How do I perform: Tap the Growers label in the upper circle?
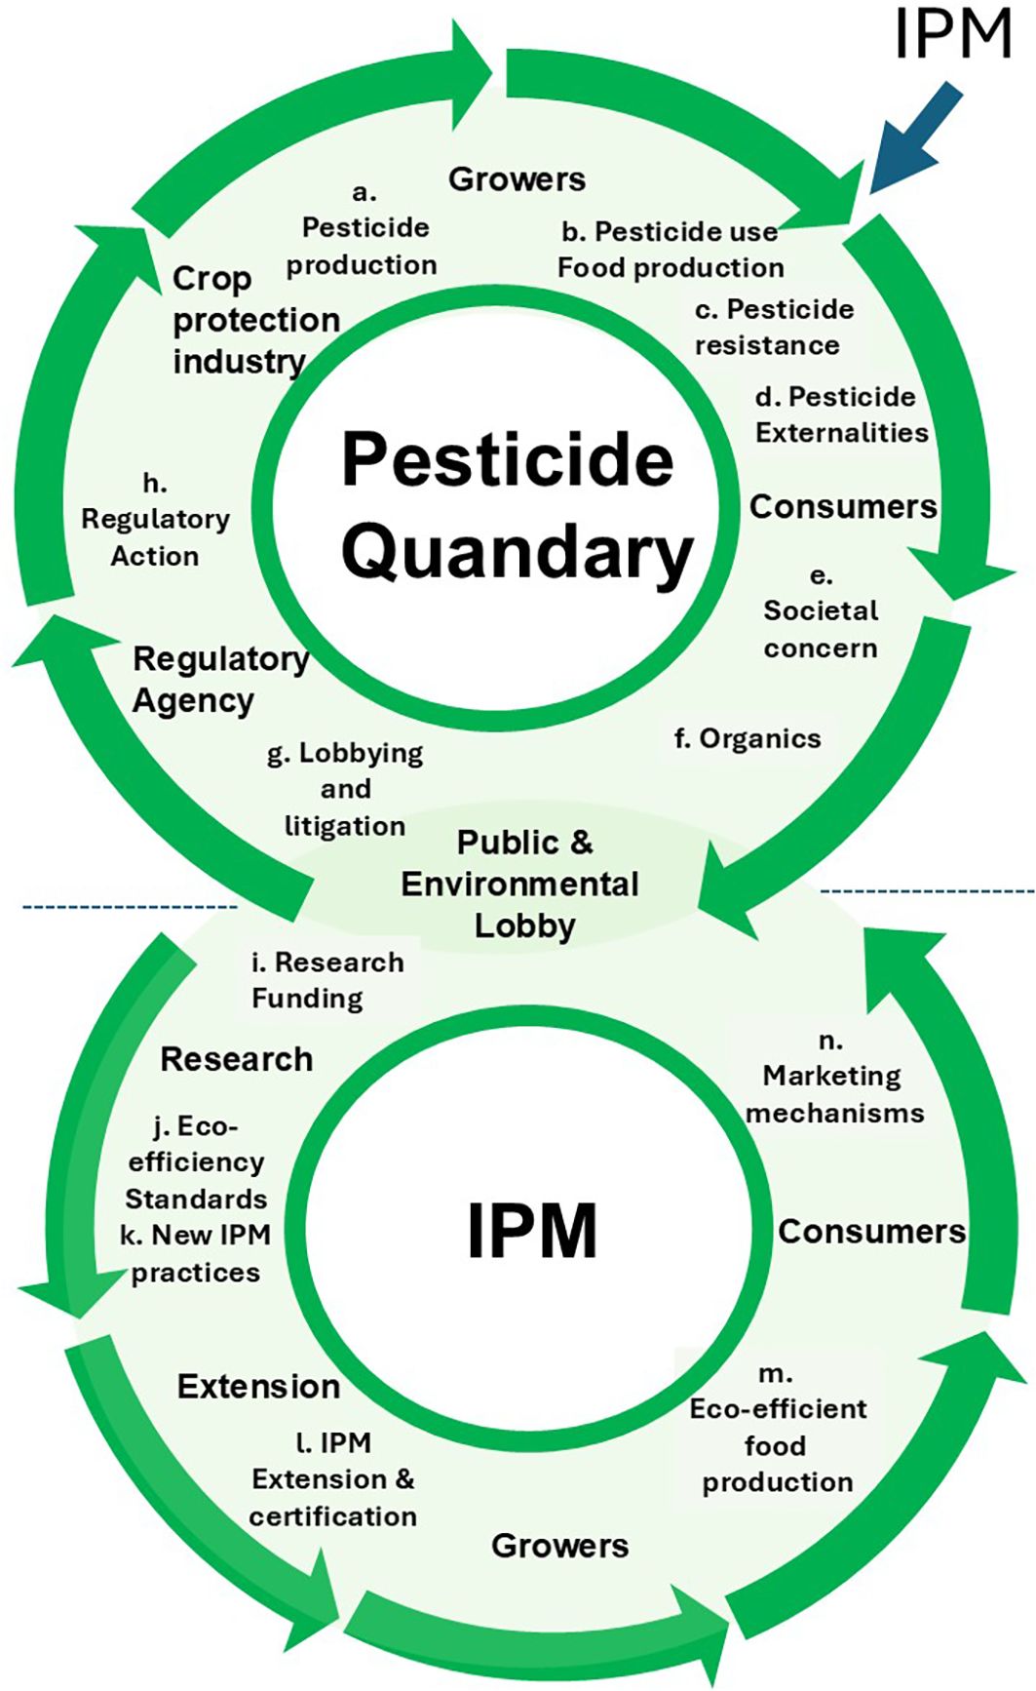click(x=517, y=179)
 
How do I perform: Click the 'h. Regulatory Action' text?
click(x=155, y=520)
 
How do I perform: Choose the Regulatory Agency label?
click(x=219, y=680)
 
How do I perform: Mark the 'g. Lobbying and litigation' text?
click(x=345, y=789)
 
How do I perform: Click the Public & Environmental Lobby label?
click(x=522, y=884)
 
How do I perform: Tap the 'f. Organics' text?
click(x=748, y=739)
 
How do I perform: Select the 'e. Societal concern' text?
click(x=821, y=612)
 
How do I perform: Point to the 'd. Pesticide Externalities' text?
click(x=841, y=414)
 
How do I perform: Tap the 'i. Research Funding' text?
click(x=327, y=980)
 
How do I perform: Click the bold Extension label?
click(x=258, y=1386)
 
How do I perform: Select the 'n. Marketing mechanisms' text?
click(x=834, y=1078)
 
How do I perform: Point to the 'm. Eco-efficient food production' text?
click(x=777, y=1428)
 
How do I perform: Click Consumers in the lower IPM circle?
click(x=871, y=1232)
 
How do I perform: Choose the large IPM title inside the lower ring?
click(x=531, y=1232)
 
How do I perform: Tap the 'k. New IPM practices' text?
click(x=195, y=1253)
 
